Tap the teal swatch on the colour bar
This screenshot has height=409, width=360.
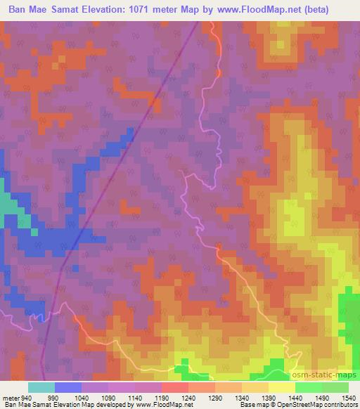[41, 388]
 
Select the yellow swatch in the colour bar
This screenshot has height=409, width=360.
[282, 388]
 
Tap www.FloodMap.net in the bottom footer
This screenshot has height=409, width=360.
[163, 404]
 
